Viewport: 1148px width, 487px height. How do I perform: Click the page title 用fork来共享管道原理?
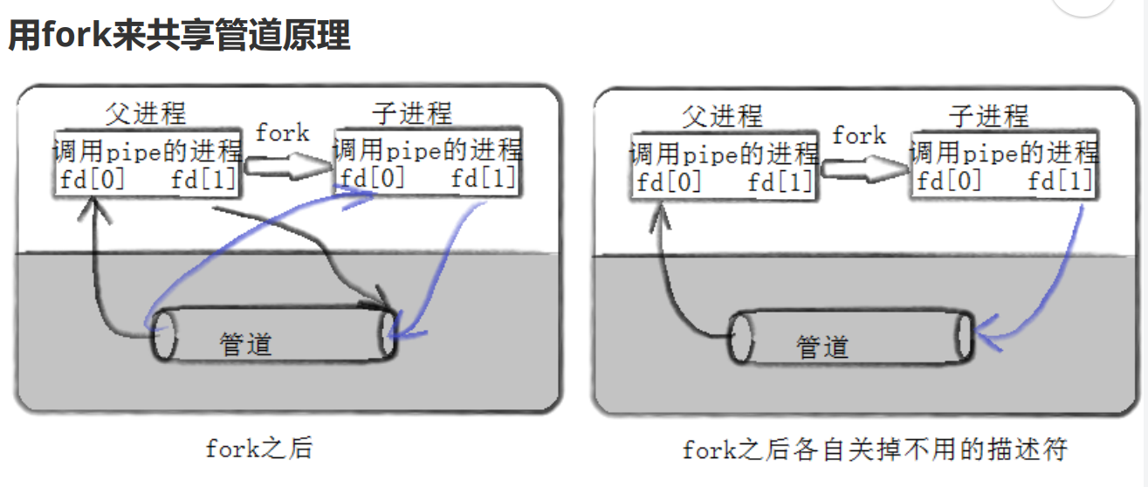point(179,36)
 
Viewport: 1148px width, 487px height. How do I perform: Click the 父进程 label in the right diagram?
point(722,116)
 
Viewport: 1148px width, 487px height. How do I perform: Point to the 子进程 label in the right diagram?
point(989,116)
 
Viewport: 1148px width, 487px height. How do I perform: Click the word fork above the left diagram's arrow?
point(282,133)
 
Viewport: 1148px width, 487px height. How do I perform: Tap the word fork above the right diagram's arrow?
point(859,136)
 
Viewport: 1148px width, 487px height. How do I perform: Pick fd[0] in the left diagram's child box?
point(373,179)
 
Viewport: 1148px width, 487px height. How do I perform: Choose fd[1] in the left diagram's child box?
point(485,179)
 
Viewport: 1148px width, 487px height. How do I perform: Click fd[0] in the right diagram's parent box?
point(670,182)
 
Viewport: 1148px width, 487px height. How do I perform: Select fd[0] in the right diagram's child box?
point(949,182)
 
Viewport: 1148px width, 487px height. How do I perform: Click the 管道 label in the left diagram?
point(245,343)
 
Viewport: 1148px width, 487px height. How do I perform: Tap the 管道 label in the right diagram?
point(822,346)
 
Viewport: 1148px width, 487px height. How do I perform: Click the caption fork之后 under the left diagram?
point(258,449)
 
